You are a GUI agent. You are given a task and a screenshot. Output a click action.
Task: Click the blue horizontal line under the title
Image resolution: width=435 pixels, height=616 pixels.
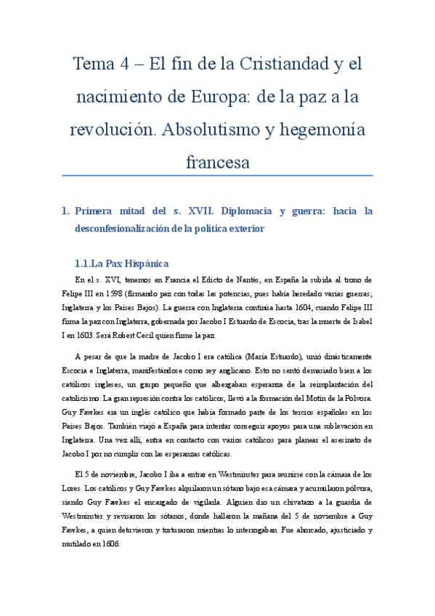pos(217,176)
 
